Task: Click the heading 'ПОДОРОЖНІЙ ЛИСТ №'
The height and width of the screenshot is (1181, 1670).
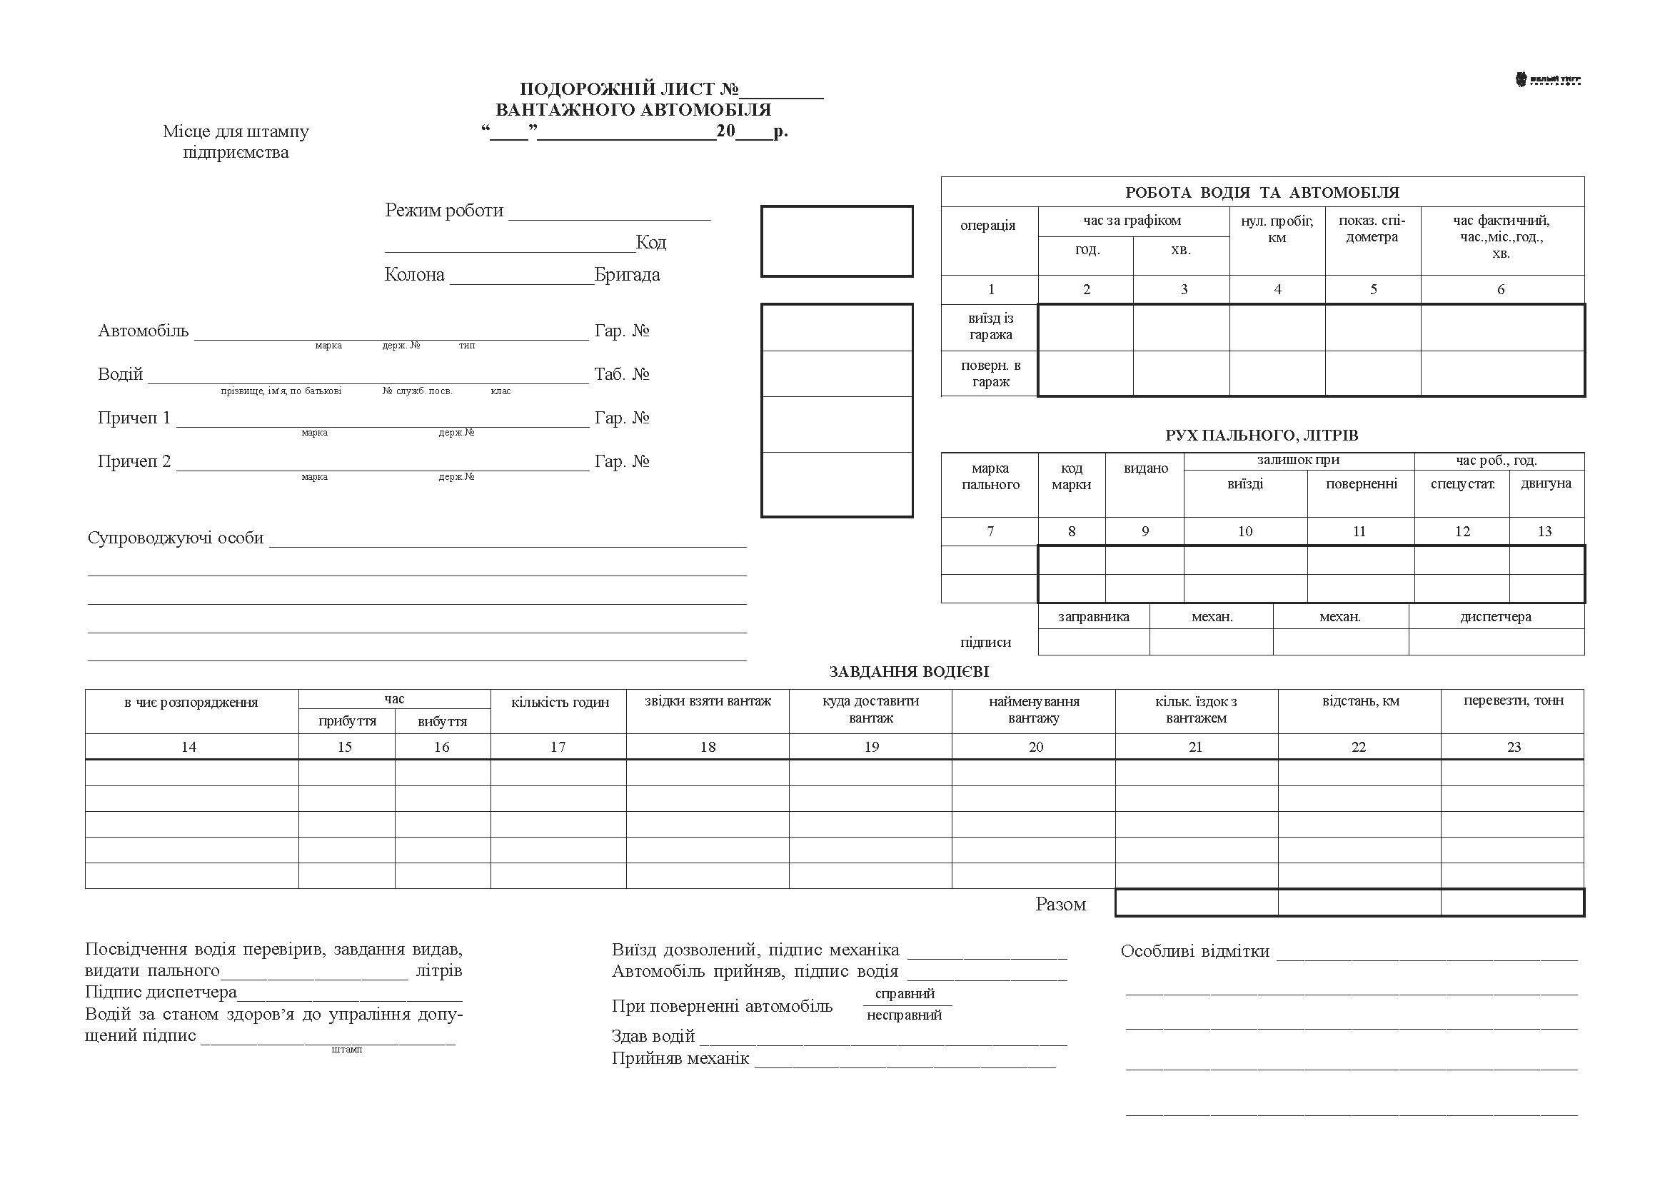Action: tap(628, 89)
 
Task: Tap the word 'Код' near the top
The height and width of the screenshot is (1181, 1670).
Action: tap(650, 242)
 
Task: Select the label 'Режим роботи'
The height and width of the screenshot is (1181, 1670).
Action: tap(443, 211)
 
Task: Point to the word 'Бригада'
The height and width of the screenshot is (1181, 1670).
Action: tap(627, 275)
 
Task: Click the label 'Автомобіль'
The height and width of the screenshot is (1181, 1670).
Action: tap(144, 331)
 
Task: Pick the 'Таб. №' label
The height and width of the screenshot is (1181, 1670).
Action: tap(621, 375)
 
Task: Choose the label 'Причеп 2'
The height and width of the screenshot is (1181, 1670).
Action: tap(134, 462)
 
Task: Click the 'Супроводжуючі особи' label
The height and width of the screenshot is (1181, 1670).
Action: tap(176, 538)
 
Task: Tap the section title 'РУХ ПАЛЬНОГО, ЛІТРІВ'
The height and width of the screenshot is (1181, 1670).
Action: tap(1261, 436)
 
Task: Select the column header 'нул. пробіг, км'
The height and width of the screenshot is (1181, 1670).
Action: tap(1277, 229)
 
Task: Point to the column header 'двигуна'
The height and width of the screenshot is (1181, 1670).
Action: tap(1546, 483)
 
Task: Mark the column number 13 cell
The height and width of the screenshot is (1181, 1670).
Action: tap(1544, 532)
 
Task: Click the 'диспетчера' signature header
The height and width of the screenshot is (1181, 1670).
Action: tap(1496, 617)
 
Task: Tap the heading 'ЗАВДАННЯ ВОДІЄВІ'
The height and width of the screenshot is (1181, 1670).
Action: tap(908, 672)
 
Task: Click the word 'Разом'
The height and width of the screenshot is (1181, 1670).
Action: tap(1060, 905)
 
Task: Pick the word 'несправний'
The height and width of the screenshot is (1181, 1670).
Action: tap(904, 1015)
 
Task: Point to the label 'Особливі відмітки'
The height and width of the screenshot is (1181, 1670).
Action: tap(1195, 951)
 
